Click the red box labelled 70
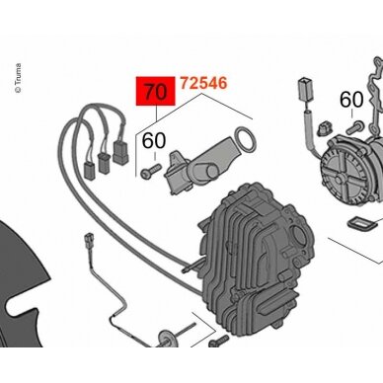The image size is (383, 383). tap(156, 91)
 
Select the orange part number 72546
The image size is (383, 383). tap(203, 83)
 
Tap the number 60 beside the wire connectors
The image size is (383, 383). tap(154, 141)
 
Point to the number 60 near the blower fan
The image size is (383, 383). tap(351, 100)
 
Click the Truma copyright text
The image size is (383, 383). tap(19, 78)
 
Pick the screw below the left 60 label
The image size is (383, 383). tap(151, 171)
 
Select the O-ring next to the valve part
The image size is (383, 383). tap(245, 140)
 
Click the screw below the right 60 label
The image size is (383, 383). tap(354, 127)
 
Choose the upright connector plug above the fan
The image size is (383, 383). tap(304, 89)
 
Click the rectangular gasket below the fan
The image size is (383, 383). tap(361, 225)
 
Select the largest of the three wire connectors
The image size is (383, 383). tap(120, 152)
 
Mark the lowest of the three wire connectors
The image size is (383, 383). tap(89, 170)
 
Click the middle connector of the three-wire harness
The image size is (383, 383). tap(105, 163)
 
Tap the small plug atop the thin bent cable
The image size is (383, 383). tap(89, 238)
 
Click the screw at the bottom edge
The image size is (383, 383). tap(218, 341)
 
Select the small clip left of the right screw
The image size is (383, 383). tap(324, 129)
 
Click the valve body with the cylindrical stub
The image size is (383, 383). tap(197, 168)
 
